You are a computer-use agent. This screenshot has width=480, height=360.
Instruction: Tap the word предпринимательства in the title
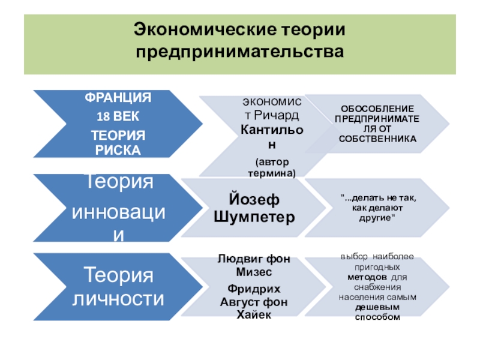coord(239,51)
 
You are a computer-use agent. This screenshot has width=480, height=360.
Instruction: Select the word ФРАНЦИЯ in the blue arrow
coord(118,98)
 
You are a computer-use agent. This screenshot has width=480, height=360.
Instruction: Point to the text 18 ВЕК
coord(118,116)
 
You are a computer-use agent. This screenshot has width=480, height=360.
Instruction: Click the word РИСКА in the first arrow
coord(118,150)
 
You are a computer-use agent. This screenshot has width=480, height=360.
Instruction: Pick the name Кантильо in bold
coord(272,130)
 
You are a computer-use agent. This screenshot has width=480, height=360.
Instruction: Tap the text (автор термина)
coord(272,167)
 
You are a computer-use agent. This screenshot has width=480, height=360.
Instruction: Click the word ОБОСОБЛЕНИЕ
coord(377,109)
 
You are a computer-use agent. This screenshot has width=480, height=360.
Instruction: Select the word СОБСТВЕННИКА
coord(377,139)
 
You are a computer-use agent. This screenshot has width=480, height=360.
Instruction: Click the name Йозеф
coord(254,200)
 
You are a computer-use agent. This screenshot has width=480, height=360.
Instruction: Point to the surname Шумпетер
coord(254,217)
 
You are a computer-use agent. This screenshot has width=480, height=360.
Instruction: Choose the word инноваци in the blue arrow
coord(118,212)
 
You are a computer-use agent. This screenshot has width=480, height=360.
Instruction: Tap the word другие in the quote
coord(377,218)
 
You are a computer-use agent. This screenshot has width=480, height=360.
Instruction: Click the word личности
coord(118,298)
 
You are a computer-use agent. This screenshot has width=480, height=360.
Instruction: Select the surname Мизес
coord(254,272)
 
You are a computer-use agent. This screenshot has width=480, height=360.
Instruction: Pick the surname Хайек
coord(254,314)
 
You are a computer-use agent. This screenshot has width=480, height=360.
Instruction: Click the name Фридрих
coord(254,289)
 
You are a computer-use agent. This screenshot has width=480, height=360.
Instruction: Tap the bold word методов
coord(367,277)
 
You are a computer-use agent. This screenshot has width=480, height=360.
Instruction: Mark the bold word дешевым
coord(377,307)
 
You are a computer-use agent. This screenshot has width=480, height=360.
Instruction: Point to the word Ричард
coord(276,115)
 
